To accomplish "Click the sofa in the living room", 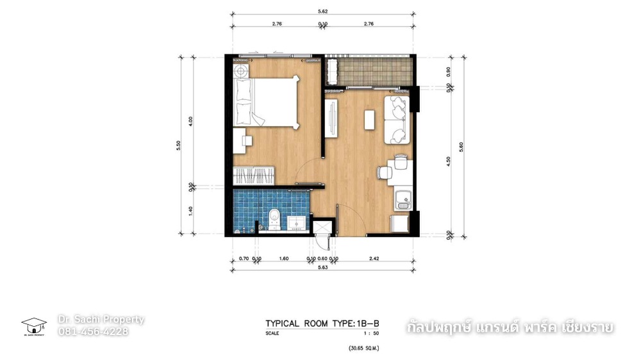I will tap(395, 120).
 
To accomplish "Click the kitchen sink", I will tap(403, 200).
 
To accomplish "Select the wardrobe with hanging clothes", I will tap(254, 175).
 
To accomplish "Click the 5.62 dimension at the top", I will tap(324, 11).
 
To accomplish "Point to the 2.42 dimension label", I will tap(374, 259).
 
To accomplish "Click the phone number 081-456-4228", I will tap(94, 331).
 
